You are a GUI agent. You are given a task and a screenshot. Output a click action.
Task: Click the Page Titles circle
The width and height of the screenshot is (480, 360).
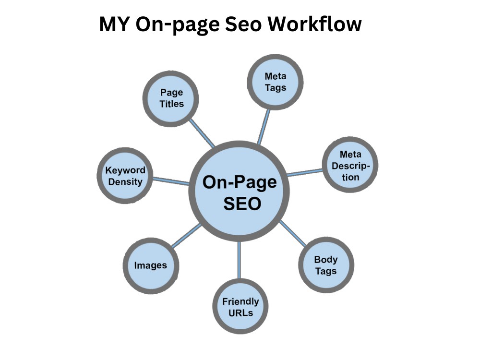(x=171, y=98)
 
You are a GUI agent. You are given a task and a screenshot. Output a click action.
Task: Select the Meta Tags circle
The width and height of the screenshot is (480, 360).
(x=275, y=82)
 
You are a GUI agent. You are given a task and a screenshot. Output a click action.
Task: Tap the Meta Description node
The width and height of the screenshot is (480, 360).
(x=350, y=165)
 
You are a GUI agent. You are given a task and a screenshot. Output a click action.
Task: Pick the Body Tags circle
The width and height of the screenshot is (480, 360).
(x=326, y=265)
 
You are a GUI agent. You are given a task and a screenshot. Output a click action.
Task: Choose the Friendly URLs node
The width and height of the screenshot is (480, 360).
(x=240, y=307)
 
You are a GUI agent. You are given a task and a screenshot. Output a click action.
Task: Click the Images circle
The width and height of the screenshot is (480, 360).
(x=151, y=265)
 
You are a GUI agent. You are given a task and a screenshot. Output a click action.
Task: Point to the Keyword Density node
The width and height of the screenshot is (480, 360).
(x=125, y=175)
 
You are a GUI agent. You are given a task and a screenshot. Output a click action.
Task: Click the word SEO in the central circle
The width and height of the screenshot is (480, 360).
(x=242, y=204)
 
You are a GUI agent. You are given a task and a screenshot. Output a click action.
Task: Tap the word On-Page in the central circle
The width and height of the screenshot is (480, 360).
(x=240, y=182)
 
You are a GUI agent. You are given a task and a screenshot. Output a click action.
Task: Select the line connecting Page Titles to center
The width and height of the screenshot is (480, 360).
(x=202, y=133)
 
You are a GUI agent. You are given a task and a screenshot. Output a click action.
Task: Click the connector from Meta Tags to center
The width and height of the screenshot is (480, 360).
(x=264, y=127)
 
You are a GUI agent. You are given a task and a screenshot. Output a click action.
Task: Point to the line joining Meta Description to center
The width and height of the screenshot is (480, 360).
(x=305, y=173)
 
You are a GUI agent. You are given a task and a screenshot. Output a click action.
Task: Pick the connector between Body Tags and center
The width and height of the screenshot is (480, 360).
(x=293, y=233)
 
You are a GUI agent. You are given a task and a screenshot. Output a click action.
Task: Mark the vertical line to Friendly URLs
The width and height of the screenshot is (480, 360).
(x=239, y=260)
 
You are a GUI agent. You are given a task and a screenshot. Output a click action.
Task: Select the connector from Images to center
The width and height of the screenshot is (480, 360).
(x=186, y=236)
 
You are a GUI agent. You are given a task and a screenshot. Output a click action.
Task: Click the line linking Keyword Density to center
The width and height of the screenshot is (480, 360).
(x=171, y=181)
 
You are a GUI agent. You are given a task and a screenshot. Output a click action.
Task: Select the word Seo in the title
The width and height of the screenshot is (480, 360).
(x=243, y=24)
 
